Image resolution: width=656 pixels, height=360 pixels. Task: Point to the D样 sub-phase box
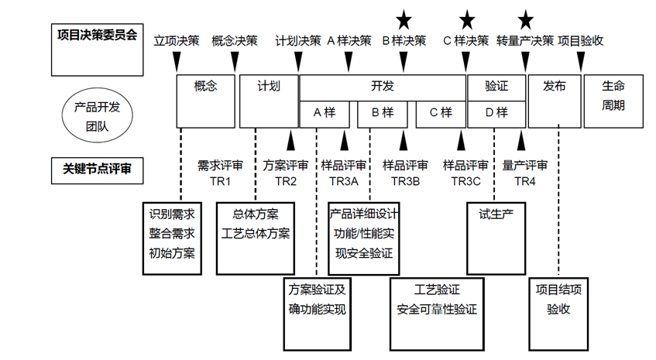click(496, 113)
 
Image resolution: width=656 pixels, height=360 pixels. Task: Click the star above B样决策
click(404, 18)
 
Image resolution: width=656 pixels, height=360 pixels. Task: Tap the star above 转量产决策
click(525, 18)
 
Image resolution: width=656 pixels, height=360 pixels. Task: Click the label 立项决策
click(177, 40)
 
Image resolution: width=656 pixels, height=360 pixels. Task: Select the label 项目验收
click(581, 40)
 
